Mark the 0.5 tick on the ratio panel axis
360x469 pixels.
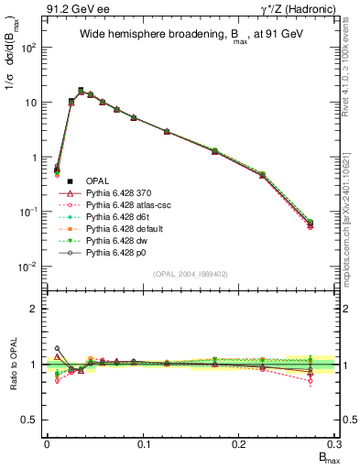[33, 420]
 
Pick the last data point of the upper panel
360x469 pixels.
[311, 223]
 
